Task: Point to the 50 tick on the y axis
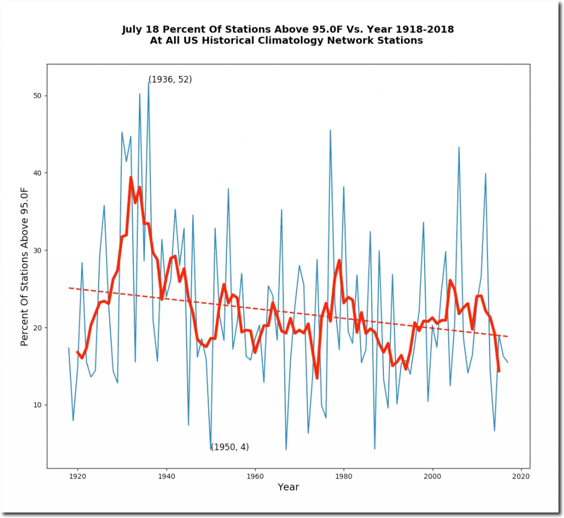tap(37, 96)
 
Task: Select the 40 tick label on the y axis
tap(37, 173)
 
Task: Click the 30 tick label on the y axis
tap(37, 250)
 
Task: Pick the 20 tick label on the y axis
tap(37, 328)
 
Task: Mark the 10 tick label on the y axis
tap(37, 405)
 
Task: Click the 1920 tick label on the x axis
tap(78, 477)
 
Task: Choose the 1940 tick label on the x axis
tap(166, 477)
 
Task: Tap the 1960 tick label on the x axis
tap(255, 477)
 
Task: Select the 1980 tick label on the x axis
tap(344, 477)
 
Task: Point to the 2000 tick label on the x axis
tap(432, 477)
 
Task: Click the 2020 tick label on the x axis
tap(521, 477)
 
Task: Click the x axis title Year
tap(288, 487)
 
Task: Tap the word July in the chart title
tap(134, 30)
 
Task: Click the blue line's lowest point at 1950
tap(211, 450)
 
